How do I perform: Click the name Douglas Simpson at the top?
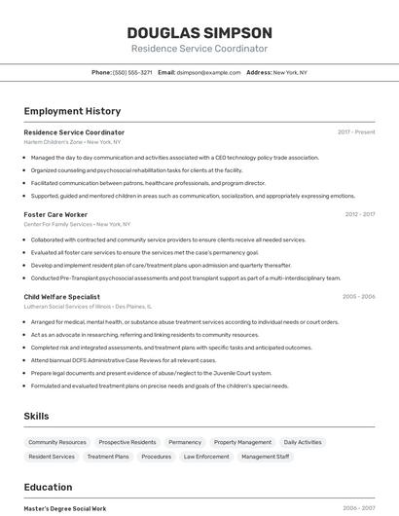pos(199,32)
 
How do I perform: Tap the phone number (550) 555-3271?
pos(132,72)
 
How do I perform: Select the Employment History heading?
pos(72,112)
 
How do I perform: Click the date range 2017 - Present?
pos(356,132)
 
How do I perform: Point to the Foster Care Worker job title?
pos(55,214)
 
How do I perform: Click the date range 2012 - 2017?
pos(359,214)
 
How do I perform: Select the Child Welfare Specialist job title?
pos(61,296)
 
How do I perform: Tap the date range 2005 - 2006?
pos(358,296)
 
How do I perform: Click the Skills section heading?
pos(36,417)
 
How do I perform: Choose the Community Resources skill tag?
pos(57,442)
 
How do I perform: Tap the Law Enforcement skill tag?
pos(206,457)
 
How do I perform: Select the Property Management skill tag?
pos(242,442)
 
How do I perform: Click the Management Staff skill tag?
pos(265,457)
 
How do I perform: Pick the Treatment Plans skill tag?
pos(108,457)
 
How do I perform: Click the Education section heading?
pos(48,488)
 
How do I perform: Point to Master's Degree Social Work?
pos(65,508)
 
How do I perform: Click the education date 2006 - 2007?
pos(358,508)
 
